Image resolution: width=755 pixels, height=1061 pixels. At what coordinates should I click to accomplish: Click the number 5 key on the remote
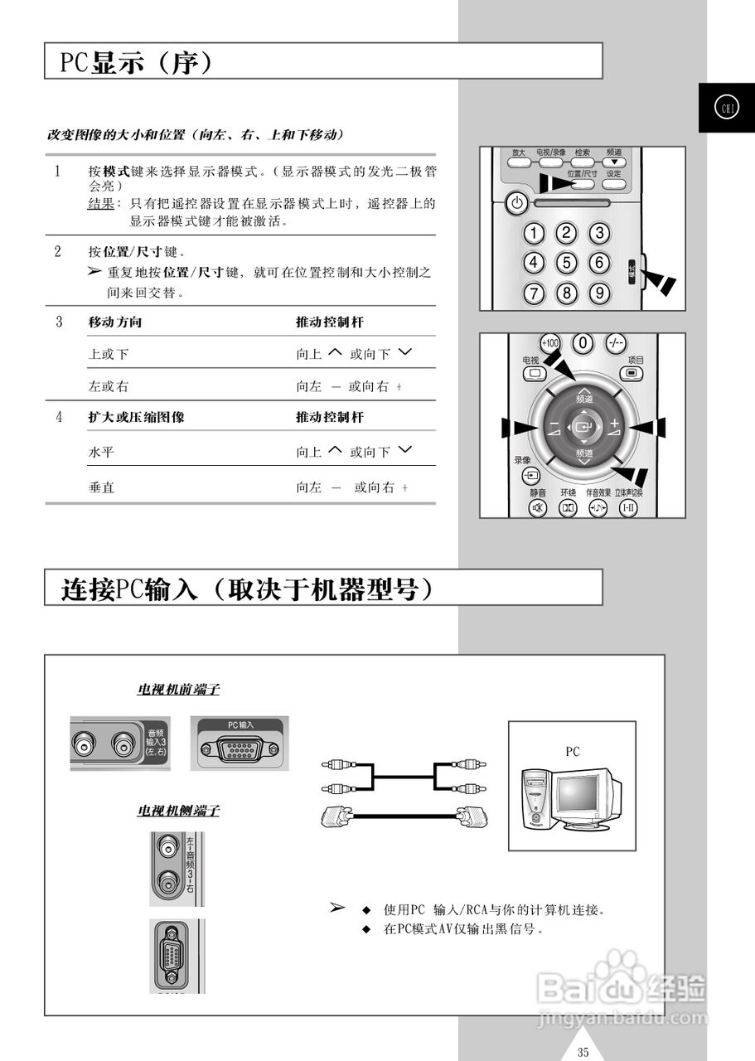pos(566,264)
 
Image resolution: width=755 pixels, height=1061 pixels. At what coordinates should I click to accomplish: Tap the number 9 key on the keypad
pos(598,293)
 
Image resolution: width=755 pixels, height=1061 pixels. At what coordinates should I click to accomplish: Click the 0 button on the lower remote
pos(583,342)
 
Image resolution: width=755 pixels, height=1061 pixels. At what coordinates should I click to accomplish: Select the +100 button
pos(549,342)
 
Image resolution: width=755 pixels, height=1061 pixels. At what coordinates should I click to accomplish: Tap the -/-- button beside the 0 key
pos(616,342)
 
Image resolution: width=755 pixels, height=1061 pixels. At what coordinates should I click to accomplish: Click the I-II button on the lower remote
pos(630,507)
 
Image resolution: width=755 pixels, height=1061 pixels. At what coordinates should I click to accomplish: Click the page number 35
pos(583,1053)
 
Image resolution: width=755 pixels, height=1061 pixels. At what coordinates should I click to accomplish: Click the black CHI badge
pos(726,108)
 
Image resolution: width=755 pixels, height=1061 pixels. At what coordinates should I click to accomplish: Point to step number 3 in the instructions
pos(59,322)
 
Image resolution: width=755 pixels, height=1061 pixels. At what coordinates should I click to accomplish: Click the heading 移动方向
pos(109,322)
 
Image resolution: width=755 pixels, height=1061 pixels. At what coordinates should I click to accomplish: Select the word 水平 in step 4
pos(101,453)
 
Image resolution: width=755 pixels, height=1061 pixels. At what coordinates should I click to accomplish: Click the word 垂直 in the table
pos(101,487)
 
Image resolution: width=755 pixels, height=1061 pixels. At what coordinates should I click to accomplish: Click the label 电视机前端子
pos(178,689)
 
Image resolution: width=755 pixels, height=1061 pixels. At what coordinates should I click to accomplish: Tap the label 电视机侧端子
pos(178,811)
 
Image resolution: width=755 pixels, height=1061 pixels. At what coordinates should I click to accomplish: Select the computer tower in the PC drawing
pos(536,798)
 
